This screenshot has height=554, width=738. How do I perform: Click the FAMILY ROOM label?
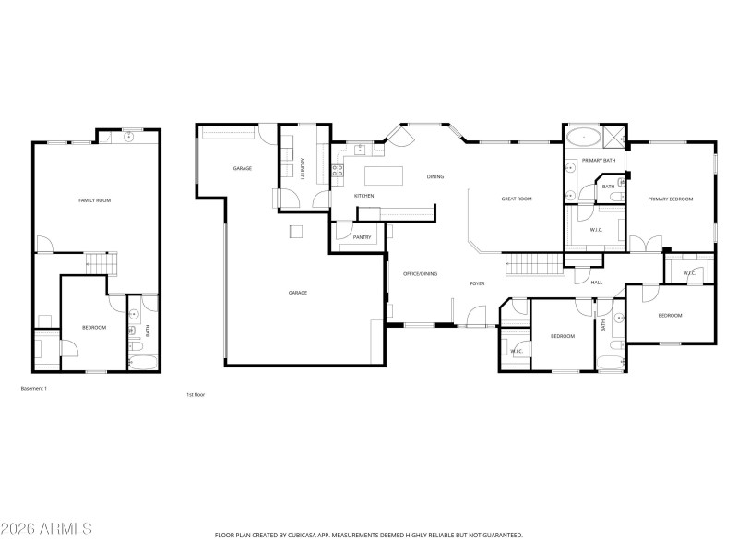pyautogui.click(x=95, y=199)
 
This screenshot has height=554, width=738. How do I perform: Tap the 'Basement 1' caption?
pyautogui.click(x=34, y=389)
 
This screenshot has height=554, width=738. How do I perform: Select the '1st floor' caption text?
pyautogui.click(x=195, y=394)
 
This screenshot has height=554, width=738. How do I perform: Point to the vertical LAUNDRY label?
pyautogui.click(x=303, y=169)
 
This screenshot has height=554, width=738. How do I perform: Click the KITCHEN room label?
pyautogui.click(x=364, y=196)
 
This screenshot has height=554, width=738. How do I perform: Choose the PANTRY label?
pyautogui.click(x=362, y=237)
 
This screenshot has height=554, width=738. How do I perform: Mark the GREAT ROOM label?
pyautogui.click(x=517, y=199)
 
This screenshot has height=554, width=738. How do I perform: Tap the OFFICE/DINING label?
pyautogui.click(x=420, y=273)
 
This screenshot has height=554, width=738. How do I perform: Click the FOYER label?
pyautogui.click(x=477, y=283)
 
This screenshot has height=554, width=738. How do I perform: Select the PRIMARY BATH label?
pyautogui.click(x=599, y=161)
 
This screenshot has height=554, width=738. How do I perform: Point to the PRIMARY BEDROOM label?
pyautogui.click(x=670, y=199)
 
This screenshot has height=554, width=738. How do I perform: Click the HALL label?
pyautogui.click(x=597, y=282)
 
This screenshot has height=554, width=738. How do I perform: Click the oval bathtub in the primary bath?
pyautogui.click(x=583, y=139)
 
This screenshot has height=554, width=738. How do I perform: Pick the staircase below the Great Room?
pyautogui.click(x=534, y=264)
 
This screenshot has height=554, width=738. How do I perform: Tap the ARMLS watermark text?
pyautogui.click(x=46, y=529)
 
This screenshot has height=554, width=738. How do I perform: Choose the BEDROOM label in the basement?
pyautogui.click(x=94, y=328)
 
